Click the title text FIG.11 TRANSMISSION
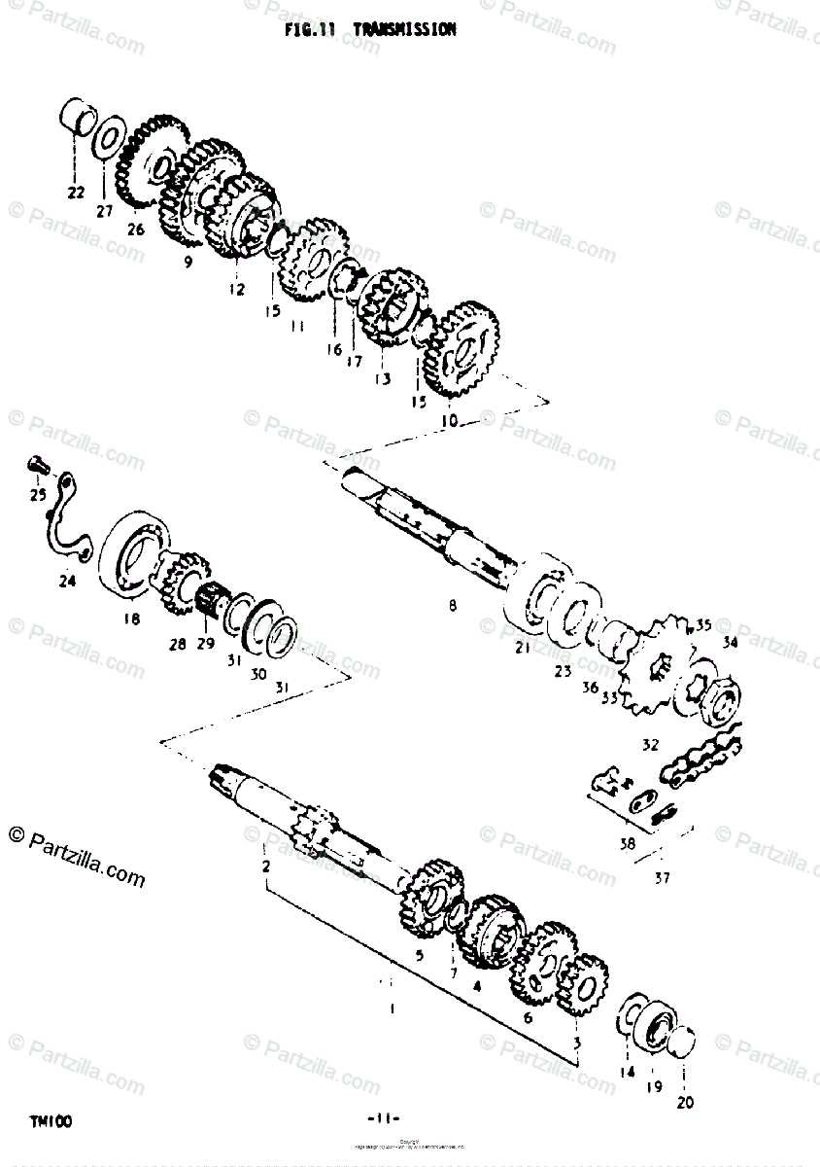[x=370, y=30]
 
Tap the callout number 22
[x=76, y=192]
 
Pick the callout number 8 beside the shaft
[x=452, y=607]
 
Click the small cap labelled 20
[x=684, y=1040]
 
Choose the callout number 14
[x=627, y=1072]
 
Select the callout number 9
[x=188, y=261]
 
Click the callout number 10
[x=449, y=420]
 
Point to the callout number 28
[x=176, y=644]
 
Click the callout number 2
[x=265, y=865]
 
